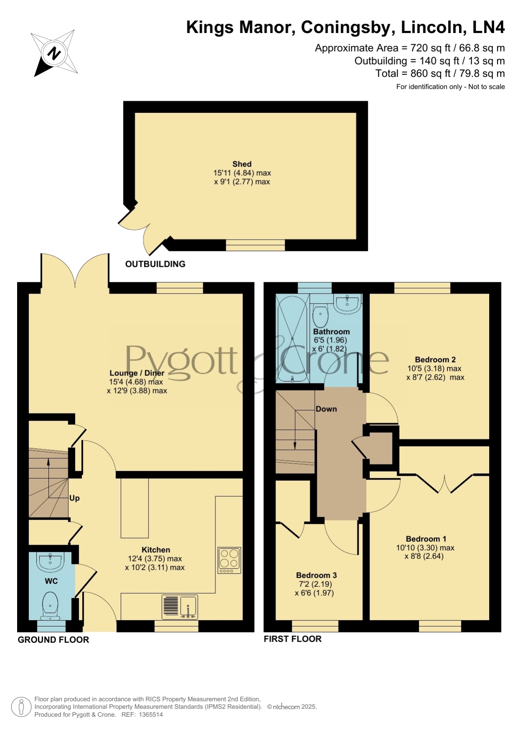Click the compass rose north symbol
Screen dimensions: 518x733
[54, 53]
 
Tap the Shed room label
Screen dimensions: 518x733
[242, 164]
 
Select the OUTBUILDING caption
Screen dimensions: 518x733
[155, 264]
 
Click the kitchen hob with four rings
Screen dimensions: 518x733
[229, 561]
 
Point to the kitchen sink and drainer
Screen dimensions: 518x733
[179, 607]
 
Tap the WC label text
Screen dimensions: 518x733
[51, 581]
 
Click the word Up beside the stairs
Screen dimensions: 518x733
[74, 498]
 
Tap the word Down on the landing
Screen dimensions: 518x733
[326, 409]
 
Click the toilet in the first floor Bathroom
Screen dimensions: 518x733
[321, 316]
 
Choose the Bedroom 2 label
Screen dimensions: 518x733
[435, 360]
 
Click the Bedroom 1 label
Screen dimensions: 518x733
[426, 539]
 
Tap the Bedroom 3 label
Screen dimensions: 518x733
[316, 575]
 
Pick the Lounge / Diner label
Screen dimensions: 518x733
[137, 373]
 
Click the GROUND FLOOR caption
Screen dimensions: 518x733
[53, 640]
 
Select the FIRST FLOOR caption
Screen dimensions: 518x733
[293, 639]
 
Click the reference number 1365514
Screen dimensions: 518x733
[151, 715]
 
